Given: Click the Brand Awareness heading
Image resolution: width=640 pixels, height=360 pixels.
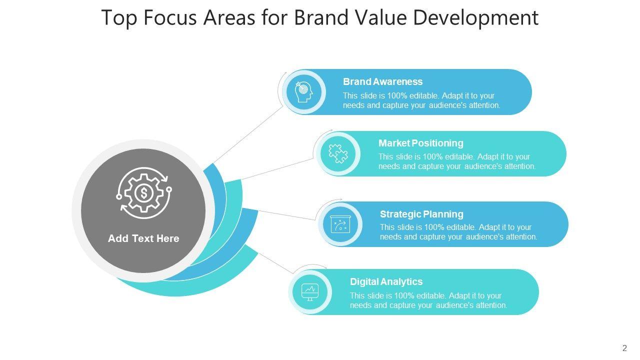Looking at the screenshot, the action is tap(382, 81).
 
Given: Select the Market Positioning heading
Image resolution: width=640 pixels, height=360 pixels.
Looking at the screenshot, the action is tap(420, 143).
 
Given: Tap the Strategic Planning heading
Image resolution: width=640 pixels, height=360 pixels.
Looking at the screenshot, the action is tap(421, 214).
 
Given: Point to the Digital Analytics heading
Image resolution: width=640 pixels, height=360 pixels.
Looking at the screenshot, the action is tap(386, 281).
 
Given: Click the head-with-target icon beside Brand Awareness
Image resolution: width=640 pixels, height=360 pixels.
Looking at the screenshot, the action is tap(303, 92).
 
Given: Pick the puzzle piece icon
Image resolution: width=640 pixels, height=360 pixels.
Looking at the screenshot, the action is tap(338, 153).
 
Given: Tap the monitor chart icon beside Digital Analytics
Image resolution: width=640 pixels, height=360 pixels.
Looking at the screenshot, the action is tap(310, 291).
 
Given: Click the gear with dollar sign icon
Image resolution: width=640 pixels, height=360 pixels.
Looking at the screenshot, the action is tap(144, 193).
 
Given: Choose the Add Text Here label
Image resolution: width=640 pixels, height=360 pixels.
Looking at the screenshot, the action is tap(143, 238).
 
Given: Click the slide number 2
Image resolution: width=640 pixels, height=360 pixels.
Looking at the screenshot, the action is tap(624, 348).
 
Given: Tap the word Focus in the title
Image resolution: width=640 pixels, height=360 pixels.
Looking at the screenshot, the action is tap(170, 17).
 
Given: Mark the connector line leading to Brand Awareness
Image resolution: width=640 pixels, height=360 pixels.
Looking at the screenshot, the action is tap(248, 135).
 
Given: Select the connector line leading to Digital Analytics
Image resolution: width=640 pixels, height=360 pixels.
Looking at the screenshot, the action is tap(275, 262).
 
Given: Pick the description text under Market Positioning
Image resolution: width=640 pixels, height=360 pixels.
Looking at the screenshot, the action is tap(456, 161).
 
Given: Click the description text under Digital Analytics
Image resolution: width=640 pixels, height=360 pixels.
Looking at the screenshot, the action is tap(428, 300).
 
